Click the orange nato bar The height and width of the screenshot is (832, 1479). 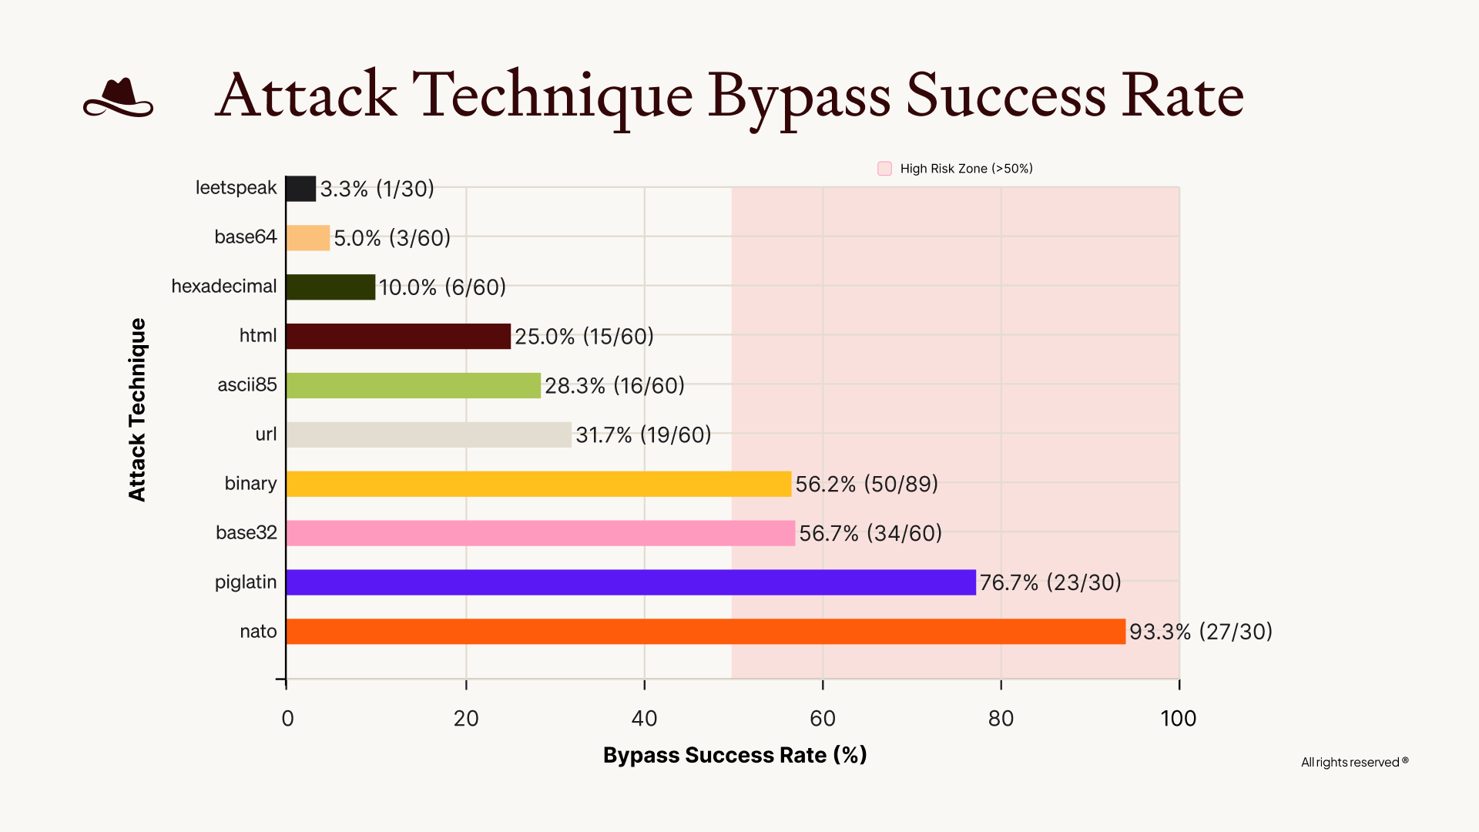[705, 632]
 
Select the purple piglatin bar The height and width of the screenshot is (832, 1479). [630, 582]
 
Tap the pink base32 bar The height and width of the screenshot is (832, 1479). [539, 533]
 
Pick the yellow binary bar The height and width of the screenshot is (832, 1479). [538, 484]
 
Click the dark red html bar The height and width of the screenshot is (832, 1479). [397, 336]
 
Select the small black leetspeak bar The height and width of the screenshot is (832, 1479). [300, 189]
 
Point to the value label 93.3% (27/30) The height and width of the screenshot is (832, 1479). [1200, 632]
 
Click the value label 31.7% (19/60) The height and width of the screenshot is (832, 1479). [643, 435]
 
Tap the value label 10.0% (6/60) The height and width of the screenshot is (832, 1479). [442, 287]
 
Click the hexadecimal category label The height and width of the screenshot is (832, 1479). [223, 287]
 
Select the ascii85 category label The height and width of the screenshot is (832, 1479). [246, 385]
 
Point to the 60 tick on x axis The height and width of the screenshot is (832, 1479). [823, 718]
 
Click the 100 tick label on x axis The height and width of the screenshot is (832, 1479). [1178, 718]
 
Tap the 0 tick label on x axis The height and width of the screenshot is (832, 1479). [287, 718]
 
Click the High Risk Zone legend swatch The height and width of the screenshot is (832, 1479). [884, 169]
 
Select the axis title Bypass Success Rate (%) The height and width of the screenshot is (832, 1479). [735, 755]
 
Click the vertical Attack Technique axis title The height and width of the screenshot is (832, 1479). [137, 410]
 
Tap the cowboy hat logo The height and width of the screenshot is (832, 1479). [118, 98]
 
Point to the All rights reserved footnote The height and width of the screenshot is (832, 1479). [1353, 762]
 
